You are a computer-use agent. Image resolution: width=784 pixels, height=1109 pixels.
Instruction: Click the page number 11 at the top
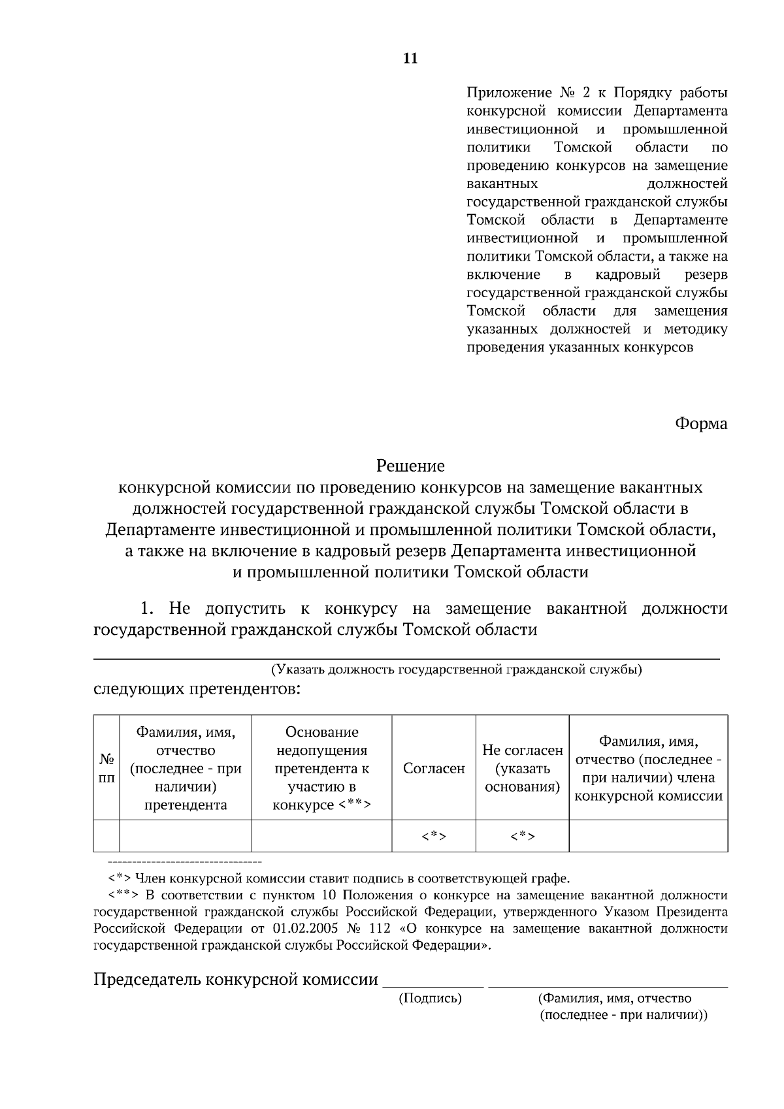coord(410,59)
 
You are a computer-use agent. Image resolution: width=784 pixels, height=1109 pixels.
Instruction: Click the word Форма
coord(700,424)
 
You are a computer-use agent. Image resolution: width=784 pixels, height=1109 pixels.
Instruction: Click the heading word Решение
coord(410,466)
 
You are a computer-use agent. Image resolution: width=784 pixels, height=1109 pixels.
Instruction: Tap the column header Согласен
coord(434,768)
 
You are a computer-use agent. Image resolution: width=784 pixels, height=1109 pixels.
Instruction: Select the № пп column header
coord(106,768)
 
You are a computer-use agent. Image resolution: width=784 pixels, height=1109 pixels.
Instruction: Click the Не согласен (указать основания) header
coord(522,768)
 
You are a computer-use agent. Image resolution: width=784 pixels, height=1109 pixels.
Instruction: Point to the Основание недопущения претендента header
coord(321,768)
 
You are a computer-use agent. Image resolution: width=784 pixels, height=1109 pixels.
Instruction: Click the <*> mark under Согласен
coord(434,836)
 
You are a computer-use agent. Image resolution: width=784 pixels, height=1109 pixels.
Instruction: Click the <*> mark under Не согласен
coord(522,836)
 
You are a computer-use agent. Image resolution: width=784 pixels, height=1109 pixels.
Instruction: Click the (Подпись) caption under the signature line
coord(430,998)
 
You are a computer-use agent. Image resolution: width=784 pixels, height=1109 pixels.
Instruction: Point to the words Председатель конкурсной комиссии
coord(236,979)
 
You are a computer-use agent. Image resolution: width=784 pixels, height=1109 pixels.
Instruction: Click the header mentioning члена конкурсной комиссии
coord(648,768)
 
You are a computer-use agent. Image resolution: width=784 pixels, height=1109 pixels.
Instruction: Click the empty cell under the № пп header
coord(106,836)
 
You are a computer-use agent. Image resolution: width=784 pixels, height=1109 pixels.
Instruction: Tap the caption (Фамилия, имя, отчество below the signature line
coord(614,998)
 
